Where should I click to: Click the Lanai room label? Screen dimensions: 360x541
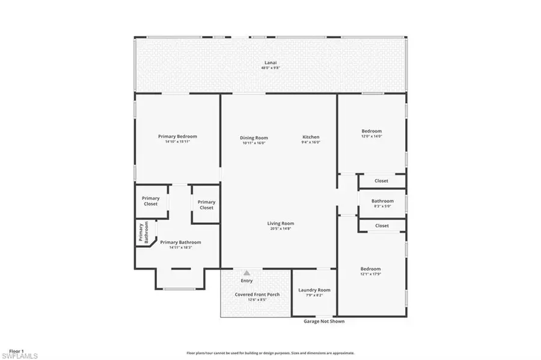270,63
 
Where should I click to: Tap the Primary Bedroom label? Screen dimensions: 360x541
177,136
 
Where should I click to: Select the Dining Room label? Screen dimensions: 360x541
253,138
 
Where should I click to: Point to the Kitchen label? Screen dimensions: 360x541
311,138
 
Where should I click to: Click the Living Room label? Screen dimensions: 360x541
281,224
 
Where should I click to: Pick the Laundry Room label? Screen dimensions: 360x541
314,290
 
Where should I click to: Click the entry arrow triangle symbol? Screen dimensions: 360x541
246,272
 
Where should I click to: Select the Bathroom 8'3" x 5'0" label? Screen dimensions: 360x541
382,201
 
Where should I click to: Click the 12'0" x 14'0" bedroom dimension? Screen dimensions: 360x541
371,136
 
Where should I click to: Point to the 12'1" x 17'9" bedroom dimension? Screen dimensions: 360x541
370,275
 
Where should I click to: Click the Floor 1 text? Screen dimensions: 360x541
16,350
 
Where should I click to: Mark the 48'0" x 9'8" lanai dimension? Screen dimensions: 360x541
270,68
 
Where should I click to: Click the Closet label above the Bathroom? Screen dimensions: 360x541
382,180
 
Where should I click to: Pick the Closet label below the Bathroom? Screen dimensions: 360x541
382,225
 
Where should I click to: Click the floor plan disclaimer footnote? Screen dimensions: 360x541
270,353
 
